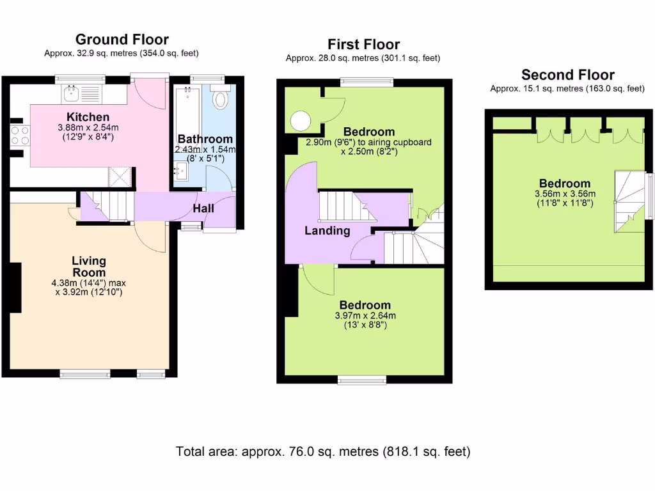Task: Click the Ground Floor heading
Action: click(x=122, y=40)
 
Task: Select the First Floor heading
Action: click(x=363, y=44)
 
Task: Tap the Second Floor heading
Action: click(x=567, y=75)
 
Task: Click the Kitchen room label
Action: click(x=88, y=117)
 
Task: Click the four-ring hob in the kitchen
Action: click(x=19, y=135)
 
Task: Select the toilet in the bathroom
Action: click(x=221, y=99)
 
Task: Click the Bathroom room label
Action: click(x=205, y=139)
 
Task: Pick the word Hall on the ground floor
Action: click(x=203, y=208)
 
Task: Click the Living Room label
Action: click(x=89, y=267)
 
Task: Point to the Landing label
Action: click(x=327, y=231)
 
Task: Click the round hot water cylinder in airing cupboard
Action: click(x=300, y=120)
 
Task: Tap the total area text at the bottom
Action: click(x=323, y=451)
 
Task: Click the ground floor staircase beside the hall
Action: click(x=106, y=207)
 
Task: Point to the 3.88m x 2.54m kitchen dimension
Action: click(x=88, y=127)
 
